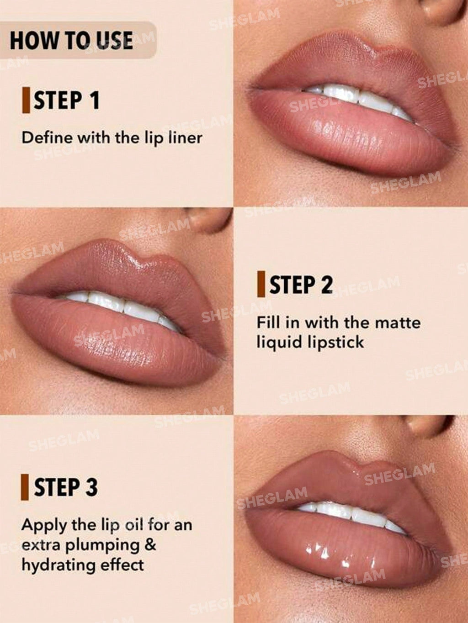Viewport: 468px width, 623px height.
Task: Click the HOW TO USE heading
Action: pos(71,40)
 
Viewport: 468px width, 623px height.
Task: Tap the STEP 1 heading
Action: pos(66,101)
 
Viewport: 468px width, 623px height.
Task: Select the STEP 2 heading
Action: pos(301,285)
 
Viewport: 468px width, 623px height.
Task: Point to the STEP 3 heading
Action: pos(66,487)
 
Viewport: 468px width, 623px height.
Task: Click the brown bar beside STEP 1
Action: pos(26,101)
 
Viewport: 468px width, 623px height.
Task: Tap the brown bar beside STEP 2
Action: pos(261,284)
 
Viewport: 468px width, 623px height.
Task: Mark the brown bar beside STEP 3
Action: pos(25,487)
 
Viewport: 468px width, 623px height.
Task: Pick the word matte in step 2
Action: pos(397,322)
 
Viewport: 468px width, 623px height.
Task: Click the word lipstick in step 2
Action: pos(336,342)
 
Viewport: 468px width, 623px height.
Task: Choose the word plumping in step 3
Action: pos(102,545)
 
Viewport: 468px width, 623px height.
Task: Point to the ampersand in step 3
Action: pos(150,544)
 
